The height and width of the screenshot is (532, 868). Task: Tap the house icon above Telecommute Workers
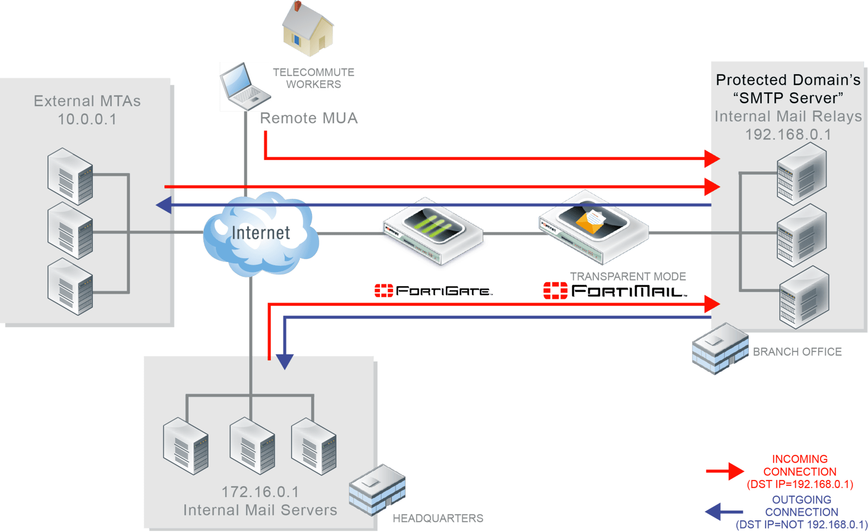[308, 29]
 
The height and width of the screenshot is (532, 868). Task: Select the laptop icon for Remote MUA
[246, 86]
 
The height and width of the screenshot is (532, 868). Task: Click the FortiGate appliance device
[432, 232]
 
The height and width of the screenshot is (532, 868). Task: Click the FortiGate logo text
[433, 291]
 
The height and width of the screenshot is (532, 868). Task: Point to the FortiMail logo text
[615, 291]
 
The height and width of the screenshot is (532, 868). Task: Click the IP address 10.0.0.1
[87, 119]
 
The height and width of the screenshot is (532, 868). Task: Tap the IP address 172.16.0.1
[260, 492]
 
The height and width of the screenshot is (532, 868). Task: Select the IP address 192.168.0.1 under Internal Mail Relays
[788, 134]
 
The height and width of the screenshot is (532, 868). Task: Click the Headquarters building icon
[377, 489]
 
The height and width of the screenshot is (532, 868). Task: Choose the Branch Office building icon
[720, 348]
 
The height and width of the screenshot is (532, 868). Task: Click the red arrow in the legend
[725, 471]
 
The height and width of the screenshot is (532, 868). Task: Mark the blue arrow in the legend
[723, 512]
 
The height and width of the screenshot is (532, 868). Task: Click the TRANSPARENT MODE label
[628, 276]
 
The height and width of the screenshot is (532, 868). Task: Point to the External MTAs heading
[87, 101]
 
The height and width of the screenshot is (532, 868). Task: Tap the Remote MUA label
[309, 118]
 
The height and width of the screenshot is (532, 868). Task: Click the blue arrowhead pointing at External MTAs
[164, 205]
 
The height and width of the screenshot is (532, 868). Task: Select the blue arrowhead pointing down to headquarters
[284, 361]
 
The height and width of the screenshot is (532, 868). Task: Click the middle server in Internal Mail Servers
[252, 446]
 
